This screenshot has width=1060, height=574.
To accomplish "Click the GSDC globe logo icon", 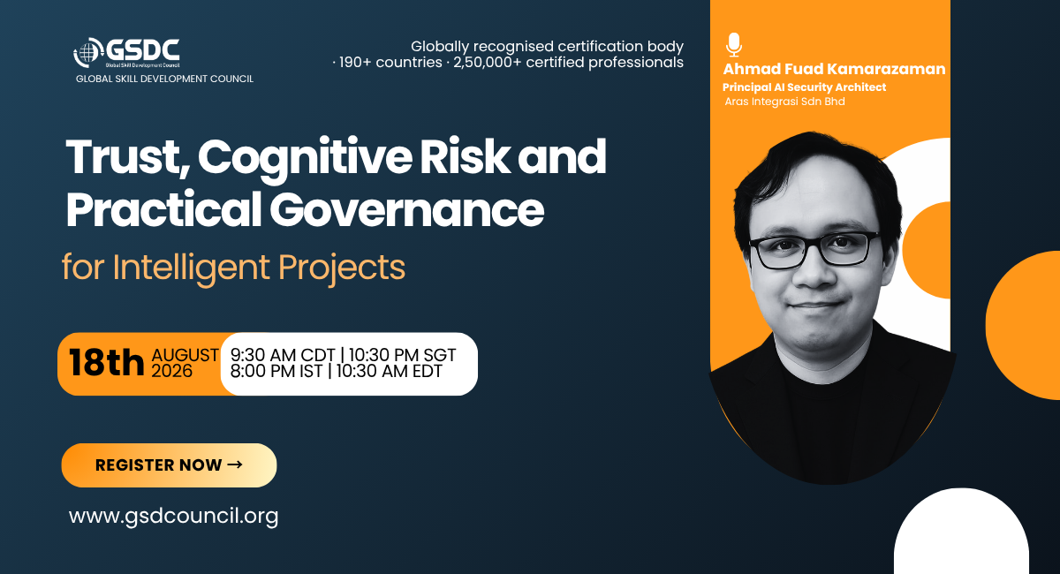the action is click(x=88, y=52).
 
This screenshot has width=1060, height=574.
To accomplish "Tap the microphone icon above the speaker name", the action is click(x=734, y=45).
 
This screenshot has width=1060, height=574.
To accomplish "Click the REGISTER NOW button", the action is click(x=169, y=465).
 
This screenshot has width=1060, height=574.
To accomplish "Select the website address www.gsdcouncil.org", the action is click(x=174, y=516).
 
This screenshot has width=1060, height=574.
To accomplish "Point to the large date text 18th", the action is click(x=107, y=362).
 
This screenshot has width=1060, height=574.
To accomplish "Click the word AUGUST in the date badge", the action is click(x=185, y=355).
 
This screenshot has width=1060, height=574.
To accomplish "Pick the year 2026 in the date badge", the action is click(x=171, y=371).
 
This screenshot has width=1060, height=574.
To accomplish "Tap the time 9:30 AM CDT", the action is click(x=283, y=355).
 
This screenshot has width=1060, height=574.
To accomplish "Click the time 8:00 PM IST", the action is click(x=276, y=371).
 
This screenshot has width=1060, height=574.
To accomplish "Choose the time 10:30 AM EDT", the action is click(x=389, y=371).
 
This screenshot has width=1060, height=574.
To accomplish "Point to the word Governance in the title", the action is click(x=407, y=209).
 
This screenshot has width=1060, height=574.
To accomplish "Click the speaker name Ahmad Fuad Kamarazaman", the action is click(x=834, y=69).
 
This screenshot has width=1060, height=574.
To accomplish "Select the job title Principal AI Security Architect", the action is click(x=804, y=87).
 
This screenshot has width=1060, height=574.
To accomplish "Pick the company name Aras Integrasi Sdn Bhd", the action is click(x=784, y=102).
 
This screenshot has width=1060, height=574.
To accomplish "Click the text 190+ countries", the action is click(x=390, y=62).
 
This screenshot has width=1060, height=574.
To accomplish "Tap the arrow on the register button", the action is click(x=235, y=464).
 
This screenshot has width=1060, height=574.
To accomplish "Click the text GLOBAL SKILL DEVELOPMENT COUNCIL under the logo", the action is click(x=164, y=79).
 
